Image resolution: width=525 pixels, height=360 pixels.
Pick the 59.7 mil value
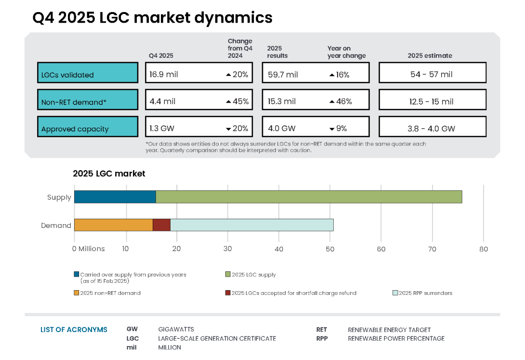pos(283,74)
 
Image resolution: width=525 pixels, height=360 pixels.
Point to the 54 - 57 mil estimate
pos(432,74)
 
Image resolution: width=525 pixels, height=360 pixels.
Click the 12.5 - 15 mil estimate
pos(432,102)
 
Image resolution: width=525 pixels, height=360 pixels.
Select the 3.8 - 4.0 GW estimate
pos(432,129)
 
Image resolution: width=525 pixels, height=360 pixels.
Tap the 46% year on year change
pos(341,102)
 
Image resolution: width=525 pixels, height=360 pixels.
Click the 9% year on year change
pos(339,129)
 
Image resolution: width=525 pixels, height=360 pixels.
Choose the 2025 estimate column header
pos(430,55)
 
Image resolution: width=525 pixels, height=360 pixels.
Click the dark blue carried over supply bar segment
pos(115,197)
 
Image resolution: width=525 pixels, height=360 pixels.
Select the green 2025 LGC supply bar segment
pos(309,197)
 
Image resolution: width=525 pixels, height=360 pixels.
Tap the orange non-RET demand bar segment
pos(114,225)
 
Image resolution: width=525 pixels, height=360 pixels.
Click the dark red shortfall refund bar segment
pos(161,225)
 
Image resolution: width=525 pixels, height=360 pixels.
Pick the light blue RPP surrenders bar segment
pos(251,225)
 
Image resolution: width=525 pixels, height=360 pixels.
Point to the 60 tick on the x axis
pos(381,249)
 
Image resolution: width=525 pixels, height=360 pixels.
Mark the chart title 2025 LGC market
pos(109,173)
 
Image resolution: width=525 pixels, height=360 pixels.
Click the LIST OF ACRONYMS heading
pos(74,330)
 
